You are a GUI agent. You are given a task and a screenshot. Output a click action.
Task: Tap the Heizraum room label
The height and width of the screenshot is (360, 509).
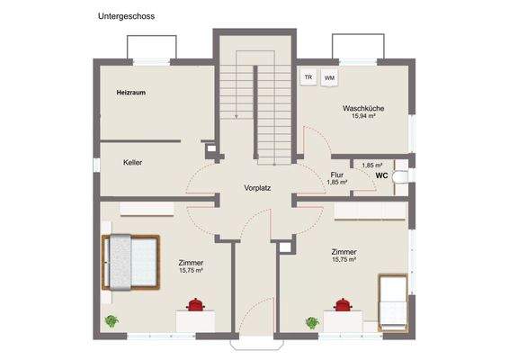[x=130, y=93]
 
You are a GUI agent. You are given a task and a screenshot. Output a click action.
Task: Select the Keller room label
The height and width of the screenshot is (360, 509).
[x=133, y=163]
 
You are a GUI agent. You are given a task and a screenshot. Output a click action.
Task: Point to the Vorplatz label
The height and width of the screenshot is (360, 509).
[x=257, y=188]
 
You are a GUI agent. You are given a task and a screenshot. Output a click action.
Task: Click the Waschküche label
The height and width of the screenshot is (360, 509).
[x=362, y=108]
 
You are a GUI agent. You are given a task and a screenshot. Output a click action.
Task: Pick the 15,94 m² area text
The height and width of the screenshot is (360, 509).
[x=362, y=116]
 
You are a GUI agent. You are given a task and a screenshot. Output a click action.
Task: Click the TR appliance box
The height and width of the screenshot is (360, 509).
[x=308, y=77]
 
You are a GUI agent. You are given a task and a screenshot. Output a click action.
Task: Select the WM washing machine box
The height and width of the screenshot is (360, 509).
[x=329, y=77]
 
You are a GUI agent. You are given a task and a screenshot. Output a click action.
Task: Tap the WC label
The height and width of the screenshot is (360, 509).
[x=381, y=175]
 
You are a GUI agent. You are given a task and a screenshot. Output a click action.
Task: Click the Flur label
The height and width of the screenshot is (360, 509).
[x=337, y=175]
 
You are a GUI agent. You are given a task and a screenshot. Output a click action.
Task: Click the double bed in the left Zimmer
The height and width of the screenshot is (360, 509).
[x=131, y=262]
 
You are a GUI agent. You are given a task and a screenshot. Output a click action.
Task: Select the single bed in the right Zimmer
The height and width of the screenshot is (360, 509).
[x=393, y=301]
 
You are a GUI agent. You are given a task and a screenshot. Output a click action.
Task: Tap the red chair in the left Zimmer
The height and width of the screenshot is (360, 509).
[x=195, y=306]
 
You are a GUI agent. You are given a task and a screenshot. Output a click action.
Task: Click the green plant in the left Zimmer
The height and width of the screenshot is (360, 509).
[x=112, y=320]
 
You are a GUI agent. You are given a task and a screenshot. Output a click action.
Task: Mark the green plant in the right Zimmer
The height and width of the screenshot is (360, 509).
[x=312, y=320]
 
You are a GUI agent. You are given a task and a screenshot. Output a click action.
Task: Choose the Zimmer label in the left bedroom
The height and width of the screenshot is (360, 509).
[x=191, y=262]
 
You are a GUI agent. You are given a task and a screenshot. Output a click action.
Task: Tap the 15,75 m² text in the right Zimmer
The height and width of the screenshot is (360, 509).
[x=344, y=260]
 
